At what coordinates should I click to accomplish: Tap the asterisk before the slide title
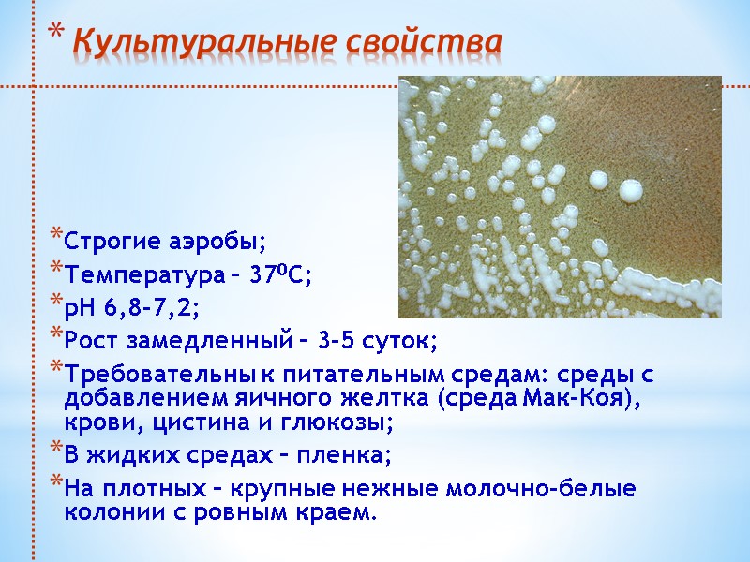[x=55, y=37]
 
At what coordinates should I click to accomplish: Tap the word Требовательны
[x=151, y=375]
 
